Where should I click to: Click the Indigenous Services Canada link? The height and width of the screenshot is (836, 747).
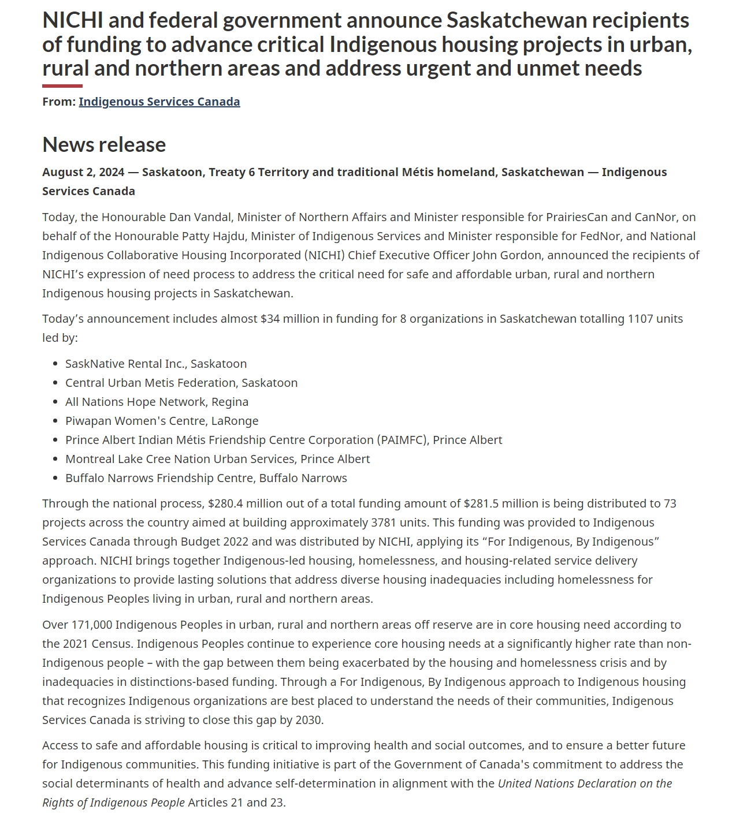(159, 102)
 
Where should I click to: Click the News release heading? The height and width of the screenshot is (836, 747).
(104, 144)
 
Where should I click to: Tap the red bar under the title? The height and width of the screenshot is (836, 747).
(62, 86)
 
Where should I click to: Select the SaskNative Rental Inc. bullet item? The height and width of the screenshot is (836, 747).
(156, 364)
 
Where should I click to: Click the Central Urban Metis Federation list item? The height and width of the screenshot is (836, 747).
(181, 383)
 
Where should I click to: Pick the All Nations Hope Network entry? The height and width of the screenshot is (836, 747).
(157, 402)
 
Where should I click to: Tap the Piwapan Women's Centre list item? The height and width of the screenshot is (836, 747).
(162, 421)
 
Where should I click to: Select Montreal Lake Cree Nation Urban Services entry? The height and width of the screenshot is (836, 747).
(217, 459)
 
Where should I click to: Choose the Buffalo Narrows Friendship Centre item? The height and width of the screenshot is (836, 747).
(206, 478)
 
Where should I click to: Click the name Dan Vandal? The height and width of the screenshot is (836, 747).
(200, 217)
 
